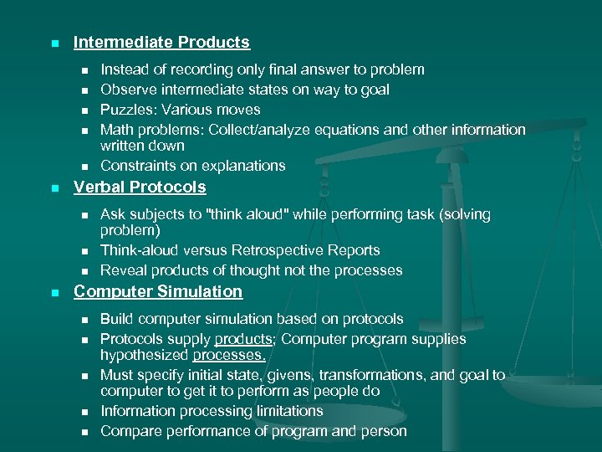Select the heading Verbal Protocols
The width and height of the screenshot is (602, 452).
[140, 187]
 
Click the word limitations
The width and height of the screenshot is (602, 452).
[283, 411]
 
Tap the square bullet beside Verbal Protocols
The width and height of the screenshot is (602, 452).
[54, 188]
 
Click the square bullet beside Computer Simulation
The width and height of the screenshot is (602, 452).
[54, 293]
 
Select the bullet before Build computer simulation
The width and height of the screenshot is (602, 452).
[84, 320]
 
